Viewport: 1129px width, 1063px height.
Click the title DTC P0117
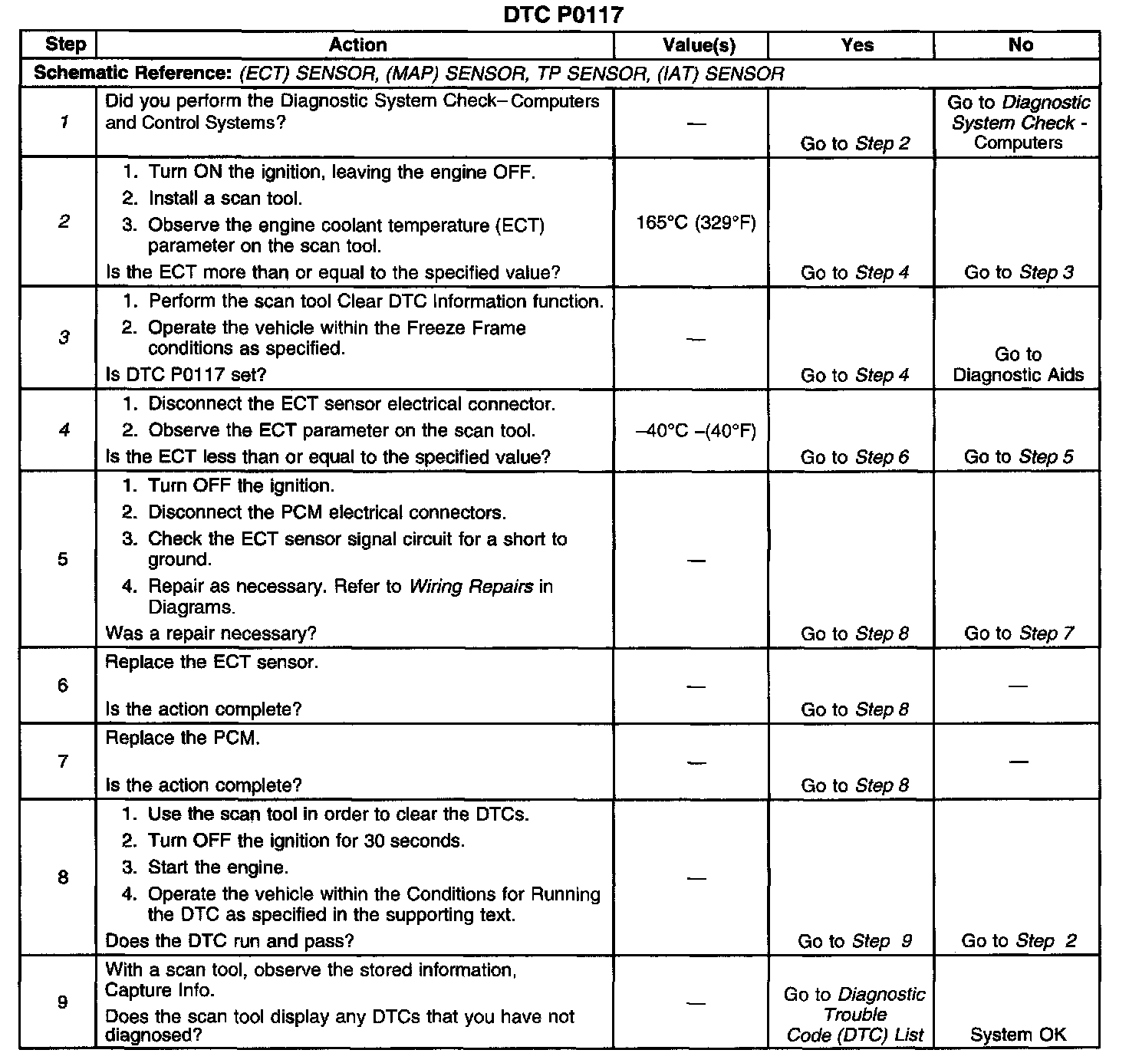click(x=564, y=15)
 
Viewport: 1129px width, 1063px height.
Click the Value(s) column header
click(x=698, y=45)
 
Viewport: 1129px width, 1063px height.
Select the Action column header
click(x=357, y=45)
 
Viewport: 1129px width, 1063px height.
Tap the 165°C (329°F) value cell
click(x=696, y=223)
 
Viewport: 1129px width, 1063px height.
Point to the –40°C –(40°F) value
click(x=696, y=431)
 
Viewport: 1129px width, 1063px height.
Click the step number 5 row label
click(x=63, y=559)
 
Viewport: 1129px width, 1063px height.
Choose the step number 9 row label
click(x=63, y=1002)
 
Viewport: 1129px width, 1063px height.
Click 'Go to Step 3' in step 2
click(x=1019, y=272)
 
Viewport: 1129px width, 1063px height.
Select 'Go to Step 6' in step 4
click(x=854, y=457)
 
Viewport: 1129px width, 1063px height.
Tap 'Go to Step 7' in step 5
click(x=1019, y=634)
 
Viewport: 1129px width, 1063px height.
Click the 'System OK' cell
click(x=1018, y=1035)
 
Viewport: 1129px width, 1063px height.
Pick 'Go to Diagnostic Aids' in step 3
click(x=1018, y=365)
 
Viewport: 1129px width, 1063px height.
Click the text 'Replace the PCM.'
click(x=183, y=739)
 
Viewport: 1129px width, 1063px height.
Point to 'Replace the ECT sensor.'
click(x=211, y=663)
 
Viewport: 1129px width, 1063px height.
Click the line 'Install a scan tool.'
click(x=225, y=199)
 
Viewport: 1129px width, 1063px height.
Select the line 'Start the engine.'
click(x=218, y=867)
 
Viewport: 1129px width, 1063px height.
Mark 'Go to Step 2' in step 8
click(x=1019, y=941)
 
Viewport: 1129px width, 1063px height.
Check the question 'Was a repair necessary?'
click(x=211, y=634)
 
